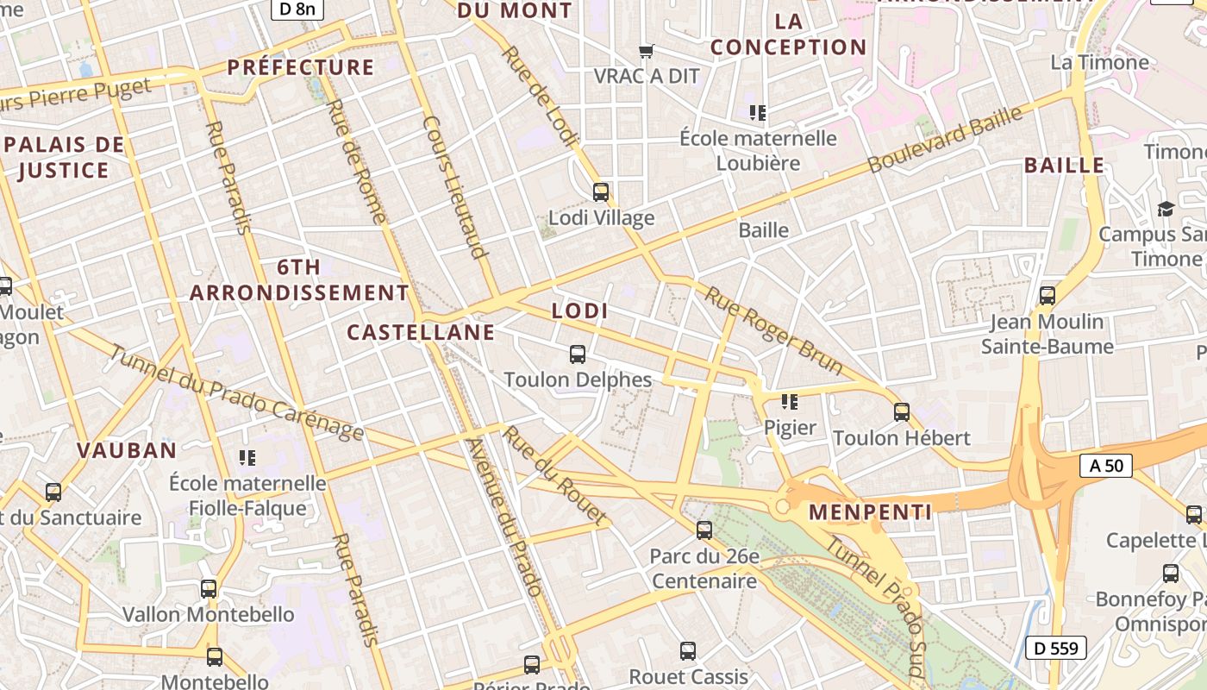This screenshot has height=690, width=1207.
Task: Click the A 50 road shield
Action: [x=1106, y=466]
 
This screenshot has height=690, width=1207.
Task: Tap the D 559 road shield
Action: [x=1056, y=648]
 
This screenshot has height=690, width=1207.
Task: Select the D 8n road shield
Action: [x=297, y=9]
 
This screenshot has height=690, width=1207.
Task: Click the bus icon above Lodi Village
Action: [x=601, y=192]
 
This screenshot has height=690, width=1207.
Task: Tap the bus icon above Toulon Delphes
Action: [x=578, y=354]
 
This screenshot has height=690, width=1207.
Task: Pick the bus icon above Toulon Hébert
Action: [x=902, y=412]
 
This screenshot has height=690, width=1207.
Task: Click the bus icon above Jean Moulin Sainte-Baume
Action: [x=1048, y=296]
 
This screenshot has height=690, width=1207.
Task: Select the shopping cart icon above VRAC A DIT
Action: [x=647, y=51]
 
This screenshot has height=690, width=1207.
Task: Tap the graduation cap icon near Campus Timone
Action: [x=1166, y=209]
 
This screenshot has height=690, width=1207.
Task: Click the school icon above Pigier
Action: [x=789, y=402]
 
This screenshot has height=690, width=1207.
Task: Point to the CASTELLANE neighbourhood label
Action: [x=421, y=332]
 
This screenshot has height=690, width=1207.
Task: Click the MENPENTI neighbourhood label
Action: [x=871, y=512]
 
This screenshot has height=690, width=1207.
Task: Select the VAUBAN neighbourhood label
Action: [x=127, y=450]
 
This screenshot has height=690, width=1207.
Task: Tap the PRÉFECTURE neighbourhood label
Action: [x=300, y=67]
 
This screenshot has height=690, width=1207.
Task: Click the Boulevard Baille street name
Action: [x=946, y=138]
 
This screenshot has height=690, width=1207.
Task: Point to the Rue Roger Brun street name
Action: [x=773, y=330]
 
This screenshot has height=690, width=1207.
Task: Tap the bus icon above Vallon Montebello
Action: [x=209, y=589]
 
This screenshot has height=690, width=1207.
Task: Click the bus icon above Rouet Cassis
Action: [x=688, y=651]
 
